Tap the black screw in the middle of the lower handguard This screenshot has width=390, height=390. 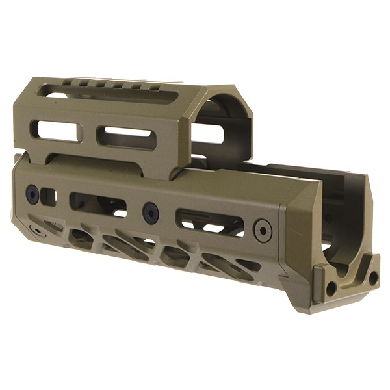coord(151,211)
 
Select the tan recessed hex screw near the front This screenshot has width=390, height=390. coord(263,230)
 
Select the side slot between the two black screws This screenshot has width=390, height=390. coord(97,204)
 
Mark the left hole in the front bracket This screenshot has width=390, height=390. coord(331,286)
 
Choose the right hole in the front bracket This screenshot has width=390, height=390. coord(373,278)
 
